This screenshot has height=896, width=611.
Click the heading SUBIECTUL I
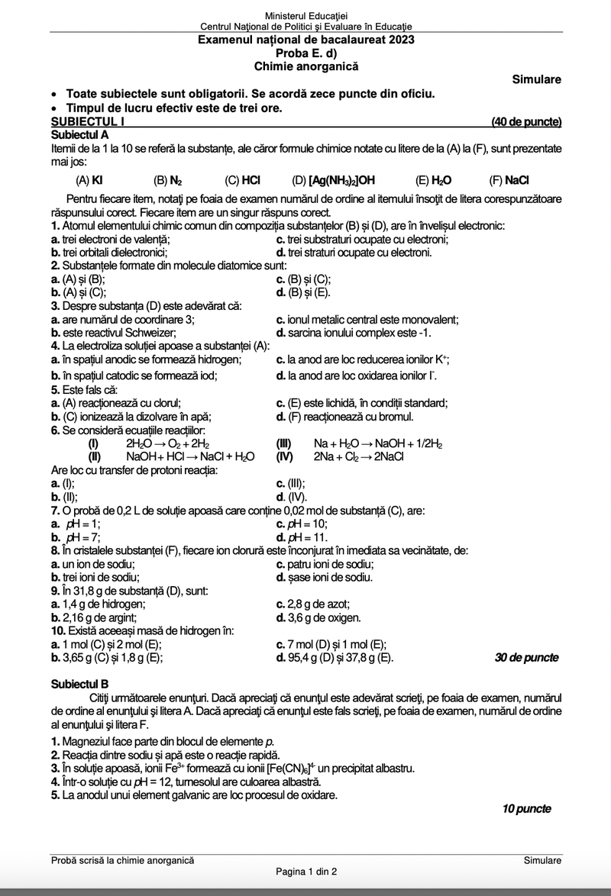pos(87,121)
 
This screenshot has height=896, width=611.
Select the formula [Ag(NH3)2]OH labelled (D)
pos(341,181)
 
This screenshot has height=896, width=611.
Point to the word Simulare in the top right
pos(537,79)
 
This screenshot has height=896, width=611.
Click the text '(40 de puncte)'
pos(527,121)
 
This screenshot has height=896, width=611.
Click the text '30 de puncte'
pos(526,657)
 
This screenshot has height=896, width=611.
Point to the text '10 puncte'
pos(526,809)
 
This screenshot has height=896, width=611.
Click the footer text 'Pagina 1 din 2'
pos(305,872)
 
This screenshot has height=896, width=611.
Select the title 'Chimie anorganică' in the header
pos(306,66)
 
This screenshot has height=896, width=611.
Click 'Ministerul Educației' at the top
pos(305,16)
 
